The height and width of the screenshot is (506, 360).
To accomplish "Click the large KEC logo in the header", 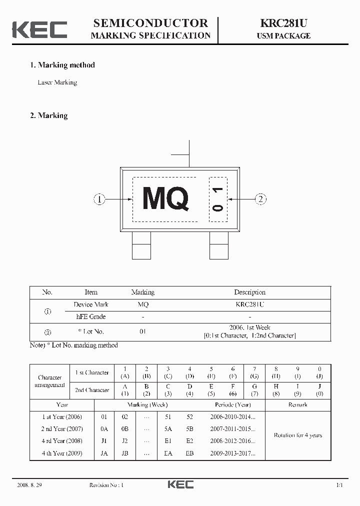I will tap(39, 29).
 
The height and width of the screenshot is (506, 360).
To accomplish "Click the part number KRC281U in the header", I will tap(283, 23).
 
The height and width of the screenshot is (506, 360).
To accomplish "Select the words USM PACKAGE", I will tap(283, 36).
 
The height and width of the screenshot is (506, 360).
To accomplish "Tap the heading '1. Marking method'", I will tap(62, 65).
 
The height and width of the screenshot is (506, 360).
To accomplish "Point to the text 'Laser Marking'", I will tap(57, 82).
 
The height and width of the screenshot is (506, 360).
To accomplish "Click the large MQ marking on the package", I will tap(165, 198).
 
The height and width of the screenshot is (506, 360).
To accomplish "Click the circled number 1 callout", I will tap(99, 199).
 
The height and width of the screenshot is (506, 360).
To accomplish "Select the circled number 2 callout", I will tap(260, 199).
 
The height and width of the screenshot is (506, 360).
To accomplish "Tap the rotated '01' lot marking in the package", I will tap(217, 198).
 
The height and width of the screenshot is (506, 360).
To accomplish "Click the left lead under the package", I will tap(141, 245).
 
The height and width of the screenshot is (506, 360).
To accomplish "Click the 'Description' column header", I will tap(249, 292).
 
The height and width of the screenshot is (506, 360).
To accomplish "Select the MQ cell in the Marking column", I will tap(142, 304).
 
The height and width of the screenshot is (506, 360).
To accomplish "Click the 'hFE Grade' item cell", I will tap(90, 316).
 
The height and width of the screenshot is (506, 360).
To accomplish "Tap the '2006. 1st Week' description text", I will tap(249, 328).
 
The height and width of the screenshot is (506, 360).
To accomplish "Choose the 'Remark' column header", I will tap(297, 404).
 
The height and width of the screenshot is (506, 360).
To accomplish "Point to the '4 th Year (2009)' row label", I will tap(62, 453).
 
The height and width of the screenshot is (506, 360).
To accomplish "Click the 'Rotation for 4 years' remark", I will tap(297, 435).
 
